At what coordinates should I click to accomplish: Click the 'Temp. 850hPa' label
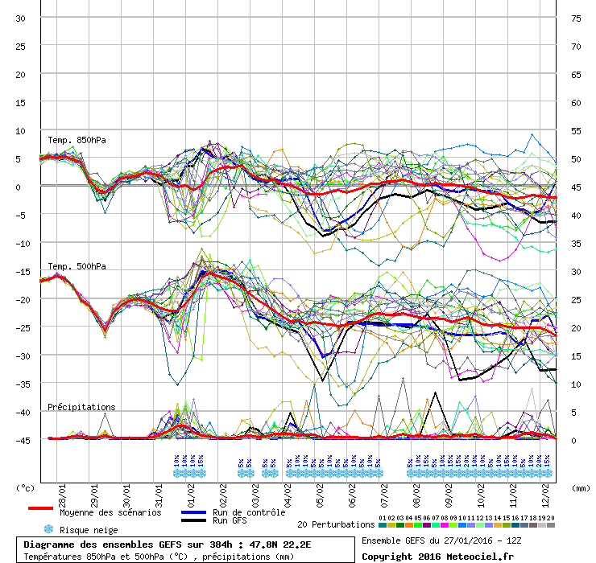tap(77, 140)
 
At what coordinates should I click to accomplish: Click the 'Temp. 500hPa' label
tap(77, 266)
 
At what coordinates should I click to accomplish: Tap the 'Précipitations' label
tap(81, 407)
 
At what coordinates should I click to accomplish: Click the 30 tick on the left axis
tap(21, 18)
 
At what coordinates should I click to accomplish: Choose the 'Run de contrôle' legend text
tap(249, 512)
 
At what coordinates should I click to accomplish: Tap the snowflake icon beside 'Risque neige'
tap(48, 530)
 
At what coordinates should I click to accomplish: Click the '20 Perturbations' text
tap(336, 524)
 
